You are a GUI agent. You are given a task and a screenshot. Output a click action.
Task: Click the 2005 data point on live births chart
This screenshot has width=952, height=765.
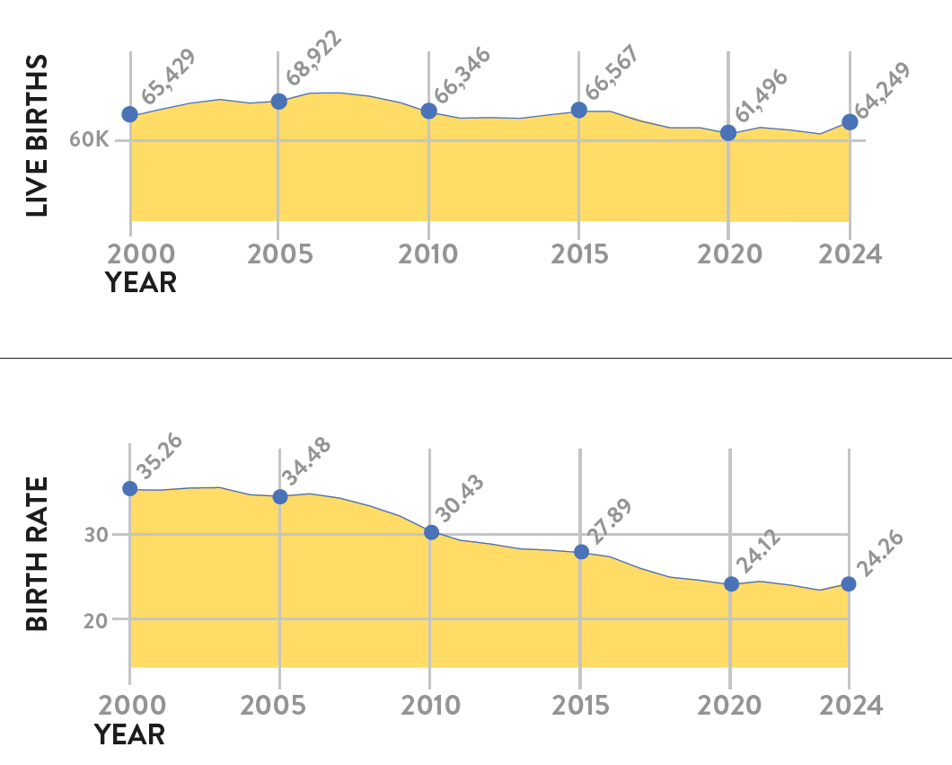pos(278,102)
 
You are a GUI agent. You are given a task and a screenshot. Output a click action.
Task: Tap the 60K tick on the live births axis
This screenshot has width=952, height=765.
pos(89,141)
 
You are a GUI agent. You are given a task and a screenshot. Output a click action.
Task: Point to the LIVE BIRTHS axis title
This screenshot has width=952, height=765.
pos(37,136)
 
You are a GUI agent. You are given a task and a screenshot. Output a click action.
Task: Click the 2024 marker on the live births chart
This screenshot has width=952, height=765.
pos(850,122)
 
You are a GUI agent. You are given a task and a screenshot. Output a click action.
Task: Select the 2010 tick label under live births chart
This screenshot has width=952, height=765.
pos(428,254)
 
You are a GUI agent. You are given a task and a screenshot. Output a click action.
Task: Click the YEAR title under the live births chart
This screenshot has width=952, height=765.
pos(141,283)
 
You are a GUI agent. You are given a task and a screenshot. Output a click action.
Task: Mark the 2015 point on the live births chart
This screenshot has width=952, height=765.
pos(579,110)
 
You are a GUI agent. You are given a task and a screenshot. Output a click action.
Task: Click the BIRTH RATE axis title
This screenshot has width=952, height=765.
pos(37,553)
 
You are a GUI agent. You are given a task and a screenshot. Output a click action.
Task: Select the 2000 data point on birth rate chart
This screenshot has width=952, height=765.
pos(130,488)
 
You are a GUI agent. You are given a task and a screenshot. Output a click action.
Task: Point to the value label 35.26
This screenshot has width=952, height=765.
pos(159,457)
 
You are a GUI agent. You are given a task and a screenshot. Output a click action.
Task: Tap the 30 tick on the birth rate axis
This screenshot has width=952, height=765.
pos(97,535)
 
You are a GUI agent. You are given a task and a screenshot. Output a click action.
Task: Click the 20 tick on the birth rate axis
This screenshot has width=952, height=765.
pos(97,619)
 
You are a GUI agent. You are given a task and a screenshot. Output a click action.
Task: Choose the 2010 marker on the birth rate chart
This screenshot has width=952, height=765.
pos(431,532)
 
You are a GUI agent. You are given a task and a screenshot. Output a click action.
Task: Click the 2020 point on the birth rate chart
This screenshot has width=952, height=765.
pos(731,584)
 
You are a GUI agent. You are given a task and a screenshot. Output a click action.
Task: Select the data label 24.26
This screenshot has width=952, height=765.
pos(877,555)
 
